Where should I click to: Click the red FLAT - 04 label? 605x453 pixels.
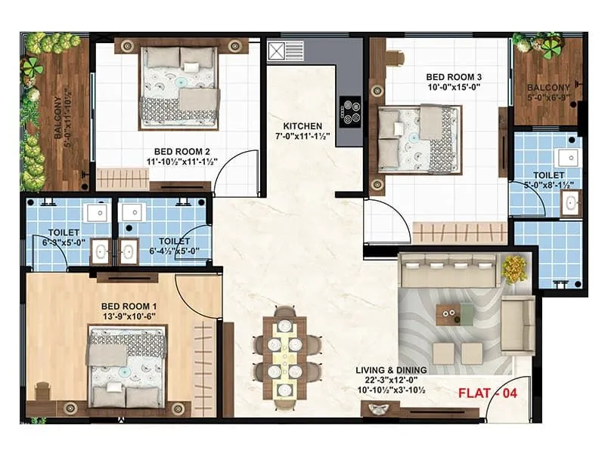click(x=488, y=393)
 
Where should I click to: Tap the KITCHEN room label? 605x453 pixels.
click(x=302, y=126)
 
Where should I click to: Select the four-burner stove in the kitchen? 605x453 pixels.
click(x=350, y=112)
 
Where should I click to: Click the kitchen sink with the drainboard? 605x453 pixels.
click(x=286, y=51)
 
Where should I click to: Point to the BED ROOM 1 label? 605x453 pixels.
click(x=129, y=307)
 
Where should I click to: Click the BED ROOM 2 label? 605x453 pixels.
click(x=182, y=152)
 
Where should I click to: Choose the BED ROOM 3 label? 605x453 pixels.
click(x=454, y=77)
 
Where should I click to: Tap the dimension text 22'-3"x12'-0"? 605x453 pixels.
click(x=391, y=381)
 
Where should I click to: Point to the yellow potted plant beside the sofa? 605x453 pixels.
click(x=514, y=269)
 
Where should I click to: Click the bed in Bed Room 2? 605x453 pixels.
click(x=179, y=88)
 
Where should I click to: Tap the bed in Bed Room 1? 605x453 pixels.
click(x=127, y=367)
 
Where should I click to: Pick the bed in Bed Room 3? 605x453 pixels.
click(x=420, y=139)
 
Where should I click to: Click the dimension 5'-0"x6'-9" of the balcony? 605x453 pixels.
click(x=549, y=97)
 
